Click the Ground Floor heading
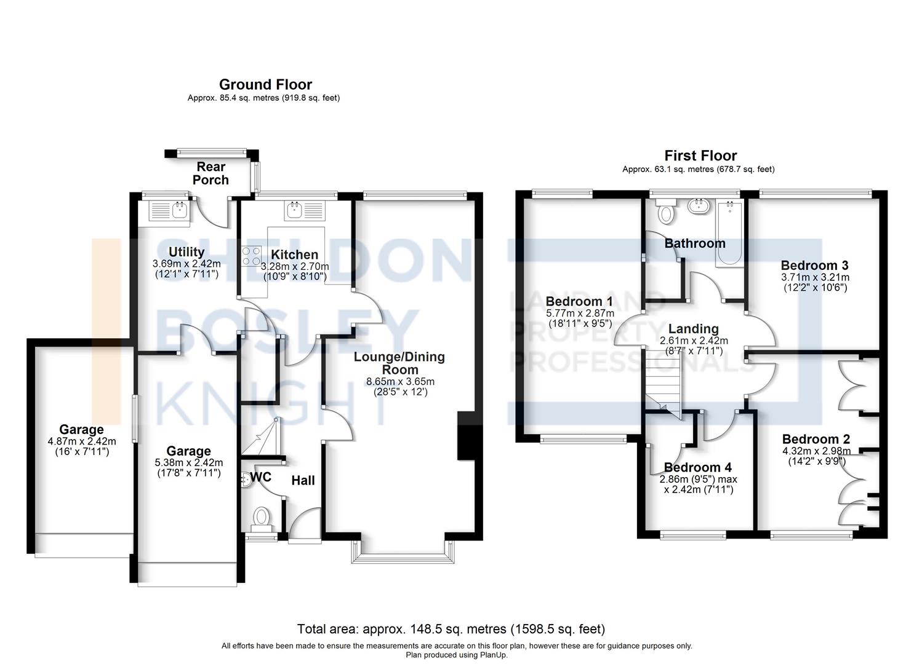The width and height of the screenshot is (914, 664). [265, 84]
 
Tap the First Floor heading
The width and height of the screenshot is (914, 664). [700, 156]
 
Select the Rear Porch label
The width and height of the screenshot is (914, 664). [210, 173]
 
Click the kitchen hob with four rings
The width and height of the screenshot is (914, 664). [251, 256]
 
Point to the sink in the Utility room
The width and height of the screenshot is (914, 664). [180, 210]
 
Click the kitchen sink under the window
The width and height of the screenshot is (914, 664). [294, 210]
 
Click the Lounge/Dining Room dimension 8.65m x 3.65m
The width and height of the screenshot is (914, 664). [400, 382]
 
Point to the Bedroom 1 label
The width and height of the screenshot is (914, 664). [579, 302]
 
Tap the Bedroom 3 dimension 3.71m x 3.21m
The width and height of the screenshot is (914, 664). [815, 277]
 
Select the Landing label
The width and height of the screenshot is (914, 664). [693, 328]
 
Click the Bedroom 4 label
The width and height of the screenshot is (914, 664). [698, 467]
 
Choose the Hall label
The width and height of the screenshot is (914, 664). [303, 481]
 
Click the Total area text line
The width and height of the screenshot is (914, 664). [451, 629]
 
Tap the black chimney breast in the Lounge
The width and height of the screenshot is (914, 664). [466, 436]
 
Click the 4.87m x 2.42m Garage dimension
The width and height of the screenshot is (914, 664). [82, 441]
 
